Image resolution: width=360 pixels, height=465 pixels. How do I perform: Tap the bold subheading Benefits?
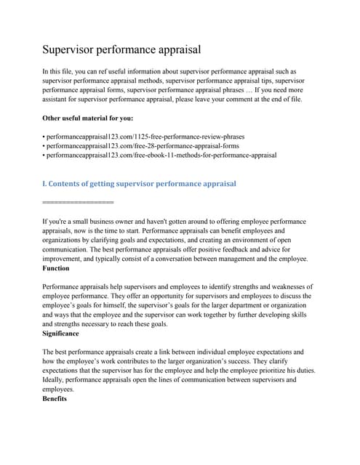point(55,399)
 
